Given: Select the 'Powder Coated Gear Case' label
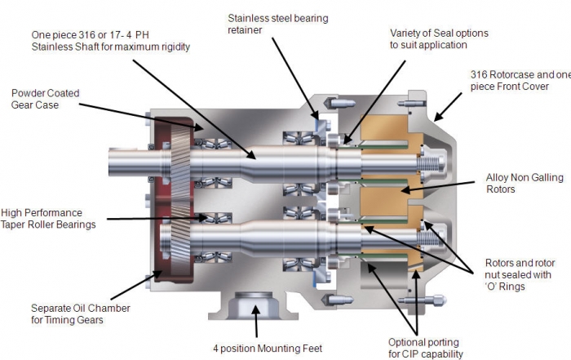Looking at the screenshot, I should click(45, 100).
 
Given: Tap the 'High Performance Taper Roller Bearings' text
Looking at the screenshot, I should click(49, 217).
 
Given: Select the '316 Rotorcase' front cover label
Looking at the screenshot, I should click(520, 80).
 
